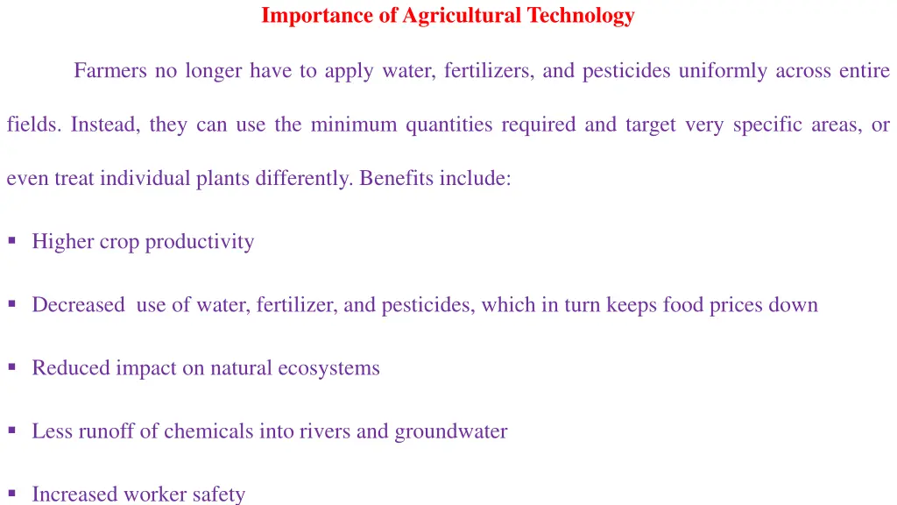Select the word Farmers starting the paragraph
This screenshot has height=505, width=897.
coord(111,70)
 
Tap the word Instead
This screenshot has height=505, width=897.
coord(105,124)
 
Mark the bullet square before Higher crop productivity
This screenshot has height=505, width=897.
coord(11,240)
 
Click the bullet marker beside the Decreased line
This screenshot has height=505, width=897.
coord(11,303)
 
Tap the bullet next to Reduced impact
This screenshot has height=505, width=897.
coord(11,366)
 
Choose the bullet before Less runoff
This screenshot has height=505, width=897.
coord(11,430)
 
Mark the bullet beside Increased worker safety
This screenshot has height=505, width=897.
coord(11,493)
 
